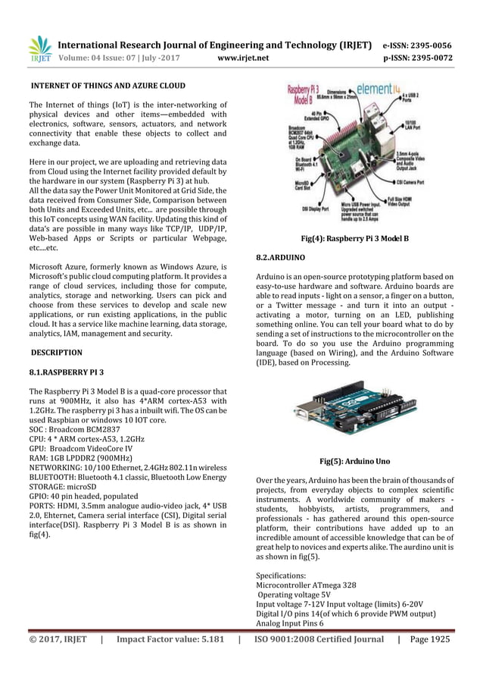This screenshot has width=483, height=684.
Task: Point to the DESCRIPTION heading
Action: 56,353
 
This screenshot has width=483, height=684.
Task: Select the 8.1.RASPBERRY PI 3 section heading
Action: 67,372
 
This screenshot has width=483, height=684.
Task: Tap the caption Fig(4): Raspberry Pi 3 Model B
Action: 355,238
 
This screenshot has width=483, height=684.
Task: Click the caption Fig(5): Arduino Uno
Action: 354,461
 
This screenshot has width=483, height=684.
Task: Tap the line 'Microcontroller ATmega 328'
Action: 307,585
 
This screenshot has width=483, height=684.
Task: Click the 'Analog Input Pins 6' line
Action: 291,623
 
